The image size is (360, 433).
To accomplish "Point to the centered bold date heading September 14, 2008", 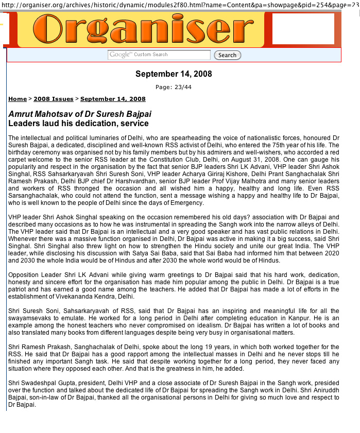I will point(174,74).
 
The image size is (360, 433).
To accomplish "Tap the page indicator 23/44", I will point(174,87).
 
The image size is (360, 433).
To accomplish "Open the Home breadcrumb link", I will point(18,99).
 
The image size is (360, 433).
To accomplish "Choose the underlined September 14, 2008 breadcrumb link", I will point(113,99).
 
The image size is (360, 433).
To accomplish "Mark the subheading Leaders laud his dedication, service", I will point(78,124).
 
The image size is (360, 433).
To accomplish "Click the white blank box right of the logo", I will point(303,29).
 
